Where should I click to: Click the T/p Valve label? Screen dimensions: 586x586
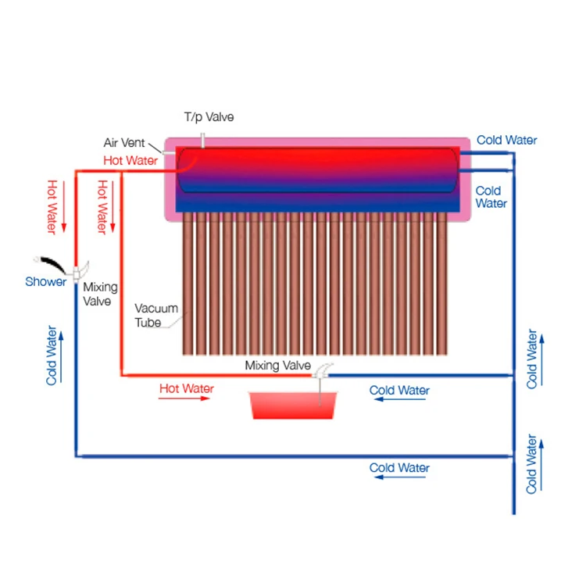pos(209,117)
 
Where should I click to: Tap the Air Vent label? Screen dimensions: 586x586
pos(121,143)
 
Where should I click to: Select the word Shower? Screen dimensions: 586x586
pos(45,282)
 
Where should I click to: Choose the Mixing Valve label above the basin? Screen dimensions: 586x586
pos(277,365)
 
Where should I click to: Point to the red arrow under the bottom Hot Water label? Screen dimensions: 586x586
pos(184,398)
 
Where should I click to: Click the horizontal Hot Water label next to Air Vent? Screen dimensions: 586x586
pos(130,160)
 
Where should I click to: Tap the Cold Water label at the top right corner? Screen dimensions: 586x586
pos(507,141)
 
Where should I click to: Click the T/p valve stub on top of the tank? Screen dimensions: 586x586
pos(202,141)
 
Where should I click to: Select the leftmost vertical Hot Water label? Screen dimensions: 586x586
pos(52,207)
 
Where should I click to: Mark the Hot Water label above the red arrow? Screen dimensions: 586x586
pos(187,388)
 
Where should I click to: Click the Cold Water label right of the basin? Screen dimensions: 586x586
pos(399,390)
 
